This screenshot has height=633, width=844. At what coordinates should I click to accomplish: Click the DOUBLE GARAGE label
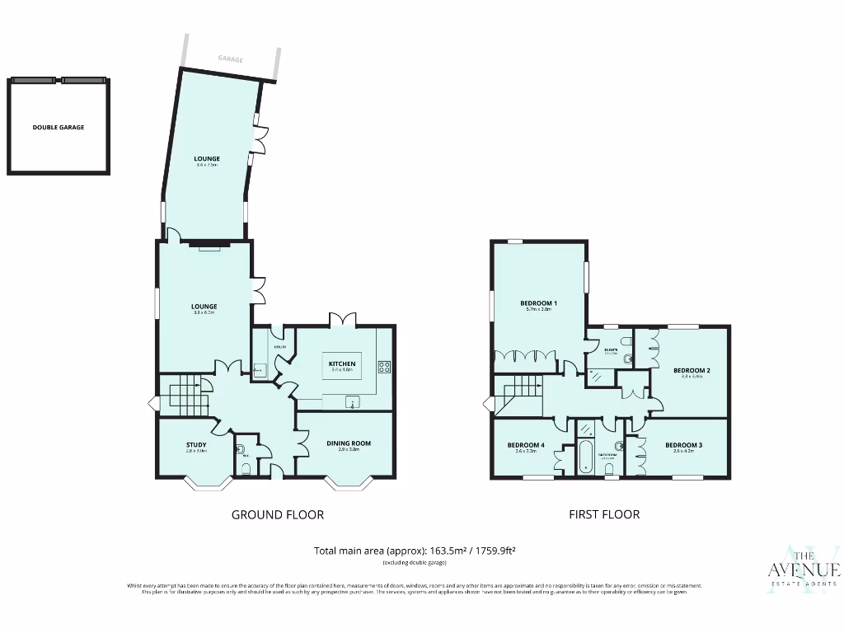tap(59, 128)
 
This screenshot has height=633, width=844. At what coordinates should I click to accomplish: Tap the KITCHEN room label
tap(342, 363)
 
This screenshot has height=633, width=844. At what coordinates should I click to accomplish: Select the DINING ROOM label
tap(349, 443)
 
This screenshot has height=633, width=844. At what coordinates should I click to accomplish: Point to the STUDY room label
tap(196, 445)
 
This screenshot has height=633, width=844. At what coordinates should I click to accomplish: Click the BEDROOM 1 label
tap(538, 303)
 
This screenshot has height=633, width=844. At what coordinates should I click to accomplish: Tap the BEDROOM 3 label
tap(683, 445)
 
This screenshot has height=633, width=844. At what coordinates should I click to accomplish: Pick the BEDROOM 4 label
tap(526, 445)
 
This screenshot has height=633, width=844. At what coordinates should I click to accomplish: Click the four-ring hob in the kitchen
tap(384, 367)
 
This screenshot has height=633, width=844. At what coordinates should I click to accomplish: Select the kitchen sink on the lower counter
tap(353, 403)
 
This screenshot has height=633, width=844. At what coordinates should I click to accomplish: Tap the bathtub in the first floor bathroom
tap(586, 456)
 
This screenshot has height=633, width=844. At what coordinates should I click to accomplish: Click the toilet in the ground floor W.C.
tap(246, 469)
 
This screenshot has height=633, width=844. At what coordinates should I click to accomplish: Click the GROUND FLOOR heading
tap(277, 515)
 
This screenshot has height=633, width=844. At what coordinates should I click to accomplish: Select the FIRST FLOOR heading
tap(604, 514)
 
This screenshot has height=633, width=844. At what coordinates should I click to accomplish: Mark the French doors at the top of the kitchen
tap(343, 319)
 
